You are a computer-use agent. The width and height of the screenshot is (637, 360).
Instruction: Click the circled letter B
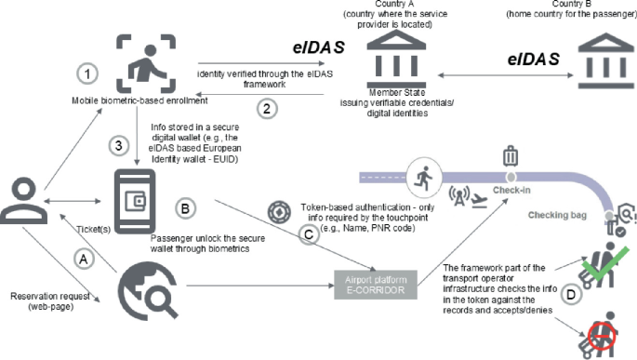186,209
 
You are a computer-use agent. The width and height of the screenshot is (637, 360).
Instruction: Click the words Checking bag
557,215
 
